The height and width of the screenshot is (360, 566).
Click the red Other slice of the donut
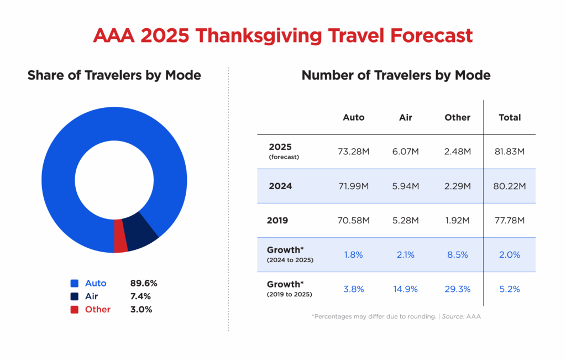click(121, 236)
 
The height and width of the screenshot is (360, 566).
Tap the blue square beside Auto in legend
click(75, 283)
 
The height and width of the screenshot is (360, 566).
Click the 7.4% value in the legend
click(141, 296)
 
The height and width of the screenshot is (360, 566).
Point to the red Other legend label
click(98, 310)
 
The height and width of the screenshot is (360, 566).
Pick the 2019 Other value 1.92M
click(457, 221)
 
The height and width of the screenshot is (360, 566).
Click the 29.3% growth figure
click(457, 289)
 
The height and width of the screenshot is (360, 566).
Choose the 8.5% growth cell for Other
click(457, 255)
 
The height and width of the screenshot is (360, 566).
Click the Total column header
click(510, 117)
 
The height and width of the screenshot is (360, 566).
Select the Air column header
click(405, 117)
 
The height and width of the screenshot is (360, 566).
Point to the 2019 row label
click(277, 221)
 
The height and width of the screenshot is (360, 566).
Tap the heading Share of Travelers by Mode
click(114, 75)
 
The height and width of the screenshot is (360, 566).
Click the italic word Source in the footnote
click(454, 316)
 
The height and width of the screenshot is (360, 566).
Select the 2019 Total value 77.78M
click(510, 221)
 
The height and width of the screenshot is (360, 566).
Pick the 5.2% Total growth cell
click(510, 289)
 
